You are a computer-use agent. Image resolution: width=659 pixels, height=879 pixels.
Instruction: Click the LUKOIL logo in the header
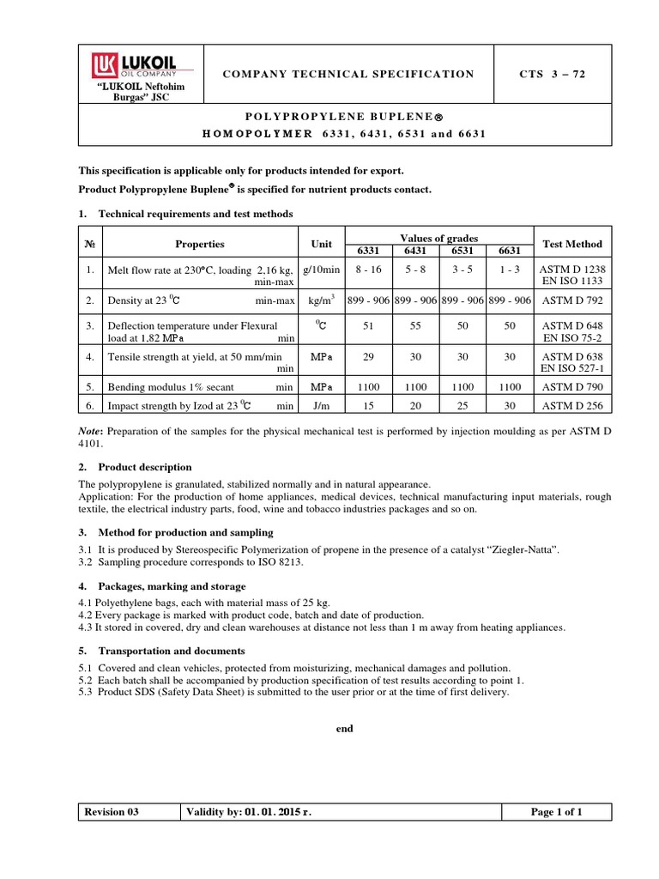[x=137, y=66]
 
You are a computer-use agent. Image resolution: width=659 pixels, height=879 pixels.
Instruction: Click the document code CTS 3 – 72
[x=553, y=74]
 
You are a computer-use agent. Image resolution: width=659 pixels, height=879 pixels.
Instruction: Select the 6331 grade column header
[x=366, y=251]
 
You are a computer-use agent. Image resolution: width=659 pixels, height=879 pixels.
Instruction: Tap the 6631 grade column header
[x=510, y=251]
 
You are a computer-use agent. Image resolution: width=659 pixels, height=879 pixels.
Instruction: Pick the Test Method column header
[x=572, y=244]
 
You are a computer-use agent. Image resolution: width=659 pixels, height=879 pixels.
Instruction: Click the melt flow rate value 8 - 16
[x=366, y=269]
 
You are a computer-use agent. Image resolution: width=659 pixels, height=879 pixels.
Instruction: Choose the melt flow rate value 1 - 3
[x=510, y=269]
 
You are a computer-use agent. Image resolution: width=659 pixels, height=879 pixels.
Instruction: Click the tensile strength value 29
[x=366, y=355]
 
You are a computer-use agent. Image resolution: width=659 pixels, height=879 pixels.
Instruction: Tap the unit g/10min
[x=321, y=269]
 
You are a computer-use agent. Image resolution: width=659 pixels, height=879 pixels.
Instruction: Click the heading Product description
[x=145, y=467]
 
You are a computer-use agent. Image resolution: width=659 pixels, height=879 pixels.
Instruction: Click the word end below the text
[x=344, y=729]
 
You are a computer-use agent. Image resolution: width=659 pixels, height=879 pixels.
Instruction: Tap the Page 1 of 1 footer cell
[x=556, y=812]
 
